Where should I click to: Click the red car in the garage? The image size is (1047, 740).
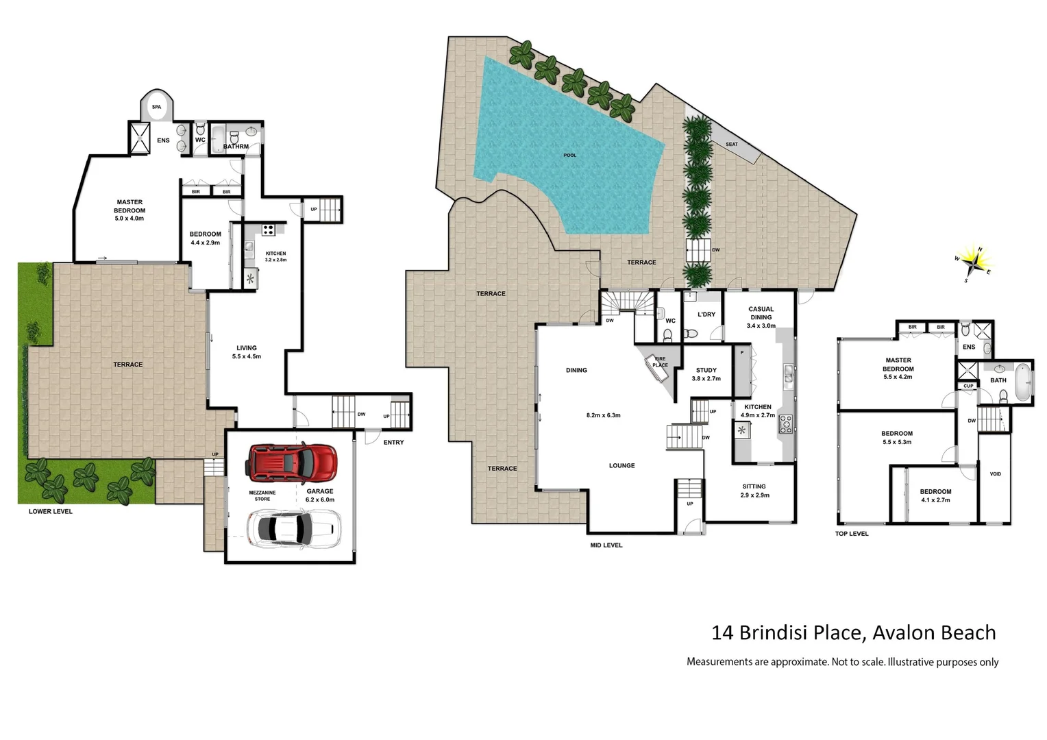point(293,462)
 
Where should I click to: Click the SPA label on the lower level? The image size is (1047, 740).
point(157,107)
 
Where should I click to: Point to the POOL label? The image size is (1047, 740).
point(569,156)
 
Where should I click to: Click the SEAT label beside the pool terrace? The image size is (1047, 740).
point(732,145)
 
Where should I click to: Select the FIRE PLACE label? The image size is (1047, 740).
point(660,362)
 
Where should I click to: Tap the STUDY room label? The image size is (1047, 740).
point(706,370)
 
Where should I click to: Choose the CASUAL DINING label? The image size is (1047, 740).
point(761,313)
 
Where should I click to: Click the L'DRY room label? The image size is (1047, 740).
point(706,314)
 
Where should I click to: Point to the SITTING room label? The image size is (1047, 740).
point(754,486)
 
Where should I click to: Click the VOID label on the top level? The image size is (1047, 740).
point(995,474)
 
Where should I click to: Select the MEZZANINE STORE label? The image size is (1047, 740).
point(262,495)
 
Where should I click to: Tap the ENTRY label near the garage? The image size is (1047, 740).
point(393,443)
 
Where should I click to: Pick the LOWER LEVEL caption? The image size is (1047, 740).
point(50,512)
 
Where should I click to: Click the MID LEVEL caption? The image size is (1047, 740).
point(606,545)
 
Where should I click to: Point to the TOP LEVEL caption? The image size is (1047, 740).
point(851,534)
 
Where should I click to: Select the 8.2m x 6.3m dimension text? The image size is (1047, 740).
point(603,415)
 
